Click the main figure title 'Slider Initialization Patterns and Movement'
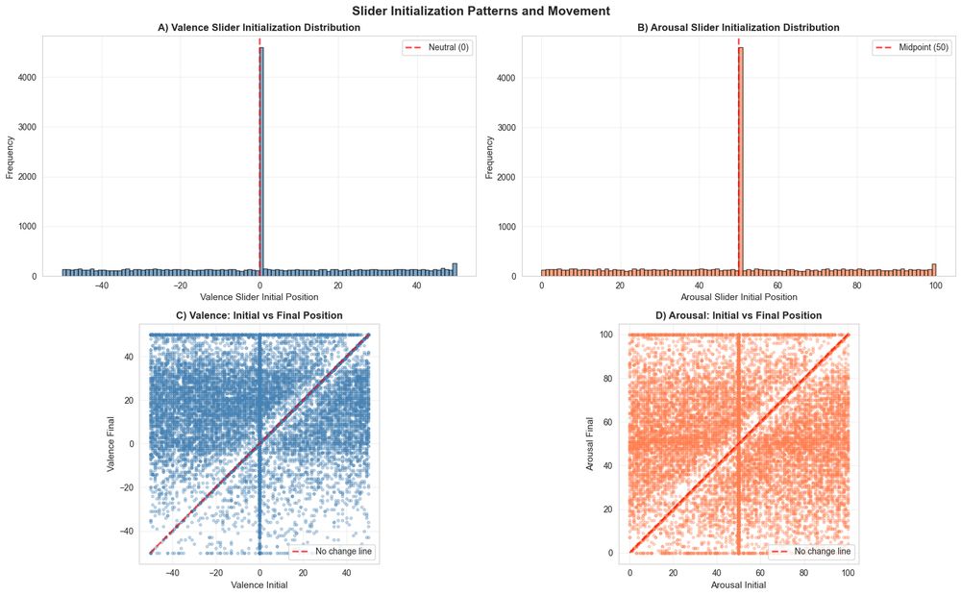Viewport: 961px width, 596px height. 480,11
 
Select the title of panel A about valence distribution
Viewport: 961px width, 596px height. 259,28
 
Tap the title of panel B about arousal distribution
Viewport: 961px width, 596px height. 738,28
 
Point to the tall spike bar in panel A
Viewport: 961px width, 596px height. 261,163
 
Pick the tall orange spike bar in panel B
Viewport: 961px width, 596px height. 740,163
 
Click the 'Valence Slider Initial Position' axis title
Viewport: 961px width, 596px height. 259,297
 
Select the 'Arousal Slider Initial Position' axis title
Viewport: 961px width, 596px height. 738,297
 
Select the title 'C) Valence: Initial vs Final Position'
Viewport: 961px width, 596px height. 259,315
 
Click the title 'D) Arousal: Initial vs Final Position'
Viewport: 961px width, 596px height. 738,315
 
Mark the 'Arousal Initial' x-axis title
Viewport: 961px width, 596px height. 738,584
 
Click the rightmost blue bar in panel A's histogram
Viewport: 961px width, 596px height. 455,270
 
